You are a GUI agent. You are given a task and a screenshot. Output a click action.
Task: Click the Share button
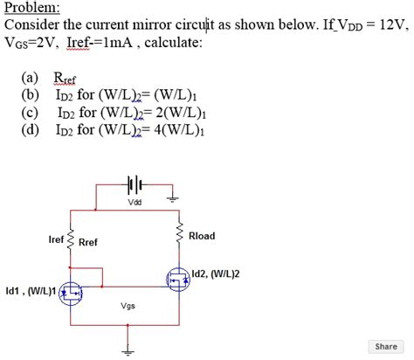coord(385,346)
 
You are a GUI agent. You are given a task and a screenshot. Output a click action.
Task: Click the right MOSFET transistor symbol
coord(178,279)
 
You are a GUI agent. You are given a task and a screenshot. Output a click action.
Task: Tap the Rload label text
coord(202,236)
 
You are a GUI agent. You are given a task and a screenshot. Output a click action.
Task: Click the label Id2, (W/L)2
coord(215,273)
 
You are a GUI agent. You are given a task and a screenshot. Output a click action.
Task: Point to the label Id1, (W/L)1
coord(31,291)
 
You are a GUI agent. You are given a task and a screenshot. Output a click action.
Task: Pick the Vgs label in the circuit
coord(128,307)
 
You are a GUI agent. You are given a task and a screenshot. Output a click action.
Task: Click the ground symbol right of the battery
coord(173,198)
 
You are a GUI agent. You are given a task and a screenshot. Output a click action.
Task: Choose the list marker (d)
coord(30,129)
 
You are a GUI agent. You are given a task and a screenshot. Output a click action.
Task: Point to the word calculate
coord(172,42)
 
